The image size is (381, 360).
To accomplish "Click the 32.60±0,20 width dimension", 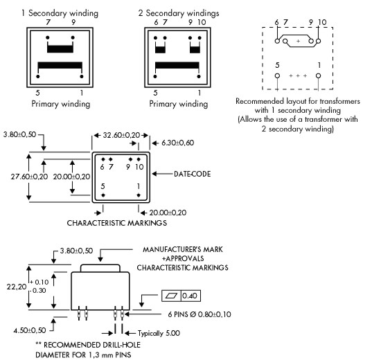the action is pyautogui.click(x=121, y=135).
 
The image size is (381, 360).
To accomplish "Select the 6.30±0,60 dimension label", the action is pyautogui.click(x=177, y=143).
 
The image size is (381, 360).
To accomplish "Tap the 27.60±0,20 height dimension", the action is pyautogui.click(x=29, y=177).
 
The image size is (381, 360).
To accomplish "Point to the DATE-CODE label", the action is pyautogui.click(x=192, y=174).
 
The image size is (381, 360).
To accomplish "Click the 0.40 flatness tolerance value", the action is pyautogui.click(x=190, y=296).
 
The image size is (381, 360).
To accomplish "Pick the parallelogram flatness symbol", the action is pyautogui.click(x=171, y=296).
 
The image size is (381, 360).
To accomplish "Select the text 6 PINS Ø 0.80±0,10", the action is pyautogui.click(x=200, y=314).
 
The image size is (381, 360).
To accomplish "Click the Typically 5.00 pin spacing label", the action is pyautogui.click(x=159, y=333).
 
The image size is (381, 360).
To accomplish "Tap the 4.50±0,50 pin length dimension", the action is pyautogui.click(x=30, y=330).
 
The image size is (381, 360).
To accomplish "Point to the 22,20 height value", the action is pyautogui.click(x=17, y=287).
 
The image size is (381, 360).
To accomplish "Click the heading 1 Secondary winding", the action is pyautogui.click(x=60, y=13).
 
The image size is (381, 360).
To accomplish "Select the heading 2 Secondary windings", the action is pyautogui.click(x=179, y=13).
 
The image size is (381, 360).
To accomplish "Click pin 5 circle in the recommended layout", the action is pyautogui.click(x=277, y=75).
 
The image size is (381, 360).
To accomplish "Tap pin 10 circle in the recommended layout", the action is pyautogui.click(x=319, y=42).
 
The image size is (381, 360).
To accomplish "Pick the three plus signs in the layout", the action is pyautogui.click(x=298, y=75).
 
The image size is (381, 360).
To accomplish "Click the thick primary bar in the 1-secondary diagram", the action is pyautogui.click(x=60, y=65).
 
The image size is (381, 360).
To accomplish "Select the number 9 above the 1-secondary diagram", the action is pyautogui.click(x=73, y=22).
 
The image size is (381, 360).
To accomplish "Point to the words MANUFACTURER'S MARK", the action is pyautogui.click(x=182, y=249).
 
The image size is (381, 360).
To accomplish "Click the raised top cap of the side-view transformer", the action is pyautogui.click(x=100, y=268).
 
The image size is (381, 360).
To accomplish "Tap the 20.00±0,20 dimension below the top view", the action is pyautogui.click(x=168, y=213).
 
